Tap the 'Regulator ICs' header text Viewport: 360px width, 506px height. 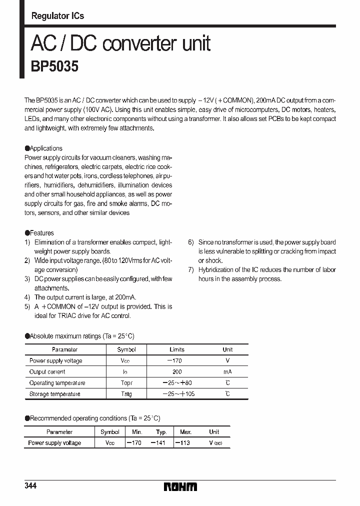[57, 16]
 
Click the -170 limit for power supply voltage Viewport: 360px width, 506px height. [176, 360]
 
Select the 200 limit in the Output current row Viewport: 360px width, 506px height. [177, 372]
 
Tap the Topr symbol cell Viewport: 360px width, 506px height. [126, 383]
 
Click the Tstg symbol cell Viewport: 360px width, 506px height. [126, 394]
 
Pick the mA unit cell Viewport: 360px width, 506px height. [227, 372]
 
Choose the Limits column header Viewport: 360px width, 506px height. [177, 349]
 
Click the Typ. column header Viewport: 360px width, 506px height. [161, 432]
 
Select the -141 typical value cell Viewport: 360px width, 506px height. [159, 443]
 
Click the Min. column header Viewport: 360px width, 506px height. [137, 432]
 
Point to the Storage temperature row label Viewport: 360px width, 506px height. [54, 394]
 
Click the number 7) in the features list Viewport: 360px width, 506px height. [191, 270]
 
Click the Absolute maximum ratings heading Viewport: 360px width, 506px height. [80, 336]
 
